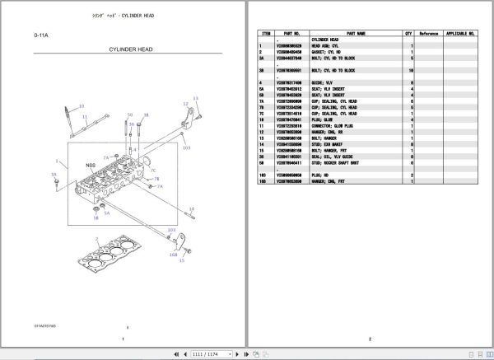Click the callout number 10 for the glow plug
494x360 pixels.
(81, 107)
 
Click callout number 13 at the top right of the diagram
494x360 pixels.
(196, 99)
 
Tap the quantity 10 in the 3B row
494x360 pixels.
(409, 72)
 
